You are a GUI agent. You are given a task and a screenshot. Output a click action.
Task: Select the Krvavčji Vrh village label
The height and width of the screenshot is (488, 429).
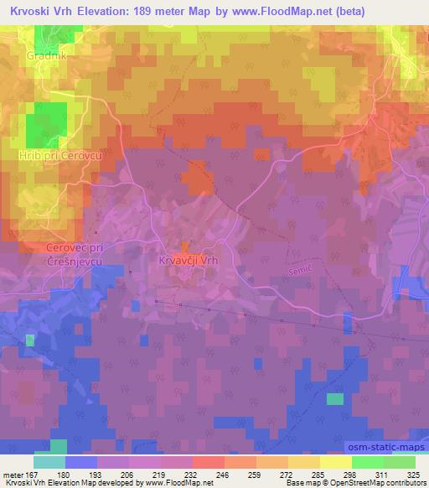(188, 261)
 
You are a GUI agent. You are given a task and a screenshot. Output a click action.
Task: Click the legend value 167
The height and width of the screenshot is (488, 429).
(34, 474)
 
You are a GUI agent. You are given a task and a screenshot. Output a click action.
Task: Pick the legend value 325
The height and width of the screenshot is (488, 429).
(414, 474)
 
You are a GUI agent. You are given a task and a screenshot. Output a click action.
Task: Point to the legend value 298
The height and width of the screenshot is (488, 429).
(336, 474)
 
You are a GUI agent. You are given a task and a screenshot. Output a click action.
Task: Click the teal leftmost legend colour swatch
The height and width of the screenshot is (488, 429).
(49, 462)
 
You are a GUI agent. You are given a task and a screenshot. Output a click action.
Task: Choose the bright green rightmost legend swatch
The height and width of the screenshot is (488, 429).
(399, 462)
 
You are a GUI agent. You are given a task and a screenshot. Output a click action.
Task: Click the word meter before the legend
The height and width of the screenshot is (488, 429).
(13, 474)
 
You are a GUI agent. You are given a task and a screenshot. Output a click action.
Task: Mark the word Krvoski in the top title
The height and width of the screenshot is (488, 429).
(28, 13)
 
